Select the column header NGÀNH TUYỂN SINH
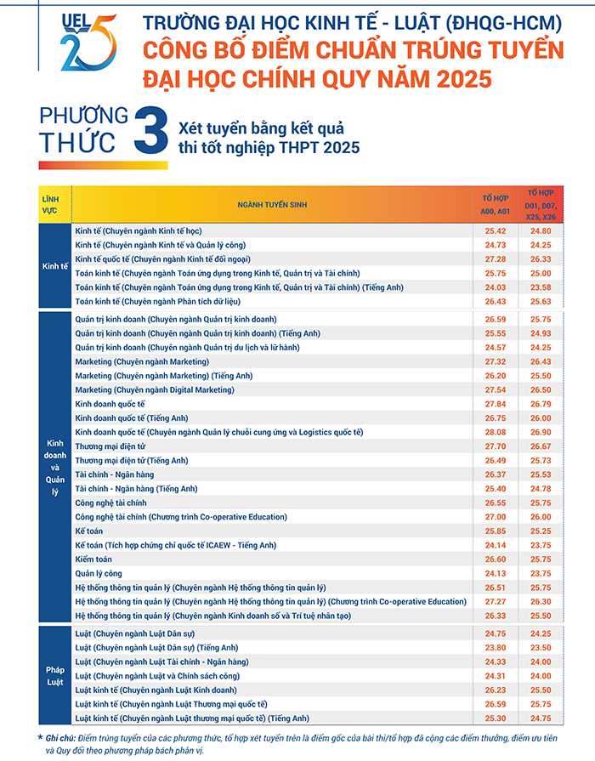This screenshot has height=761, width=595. (x=272, y=204)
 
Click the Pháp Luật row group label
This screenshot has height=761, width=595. (x=54, y=676)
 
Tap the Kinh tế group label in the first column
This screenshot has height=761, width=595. (x=54, y=265)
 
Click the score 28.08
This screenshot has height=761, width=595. (x=495, y=432)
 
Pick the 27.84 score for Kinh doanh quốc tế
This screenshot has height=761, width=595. (x=495, y=404)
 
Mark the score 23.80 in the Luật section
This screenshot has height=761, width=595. (x=495, y=647)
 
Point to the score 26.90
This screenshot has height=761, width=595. (x=541, y=432)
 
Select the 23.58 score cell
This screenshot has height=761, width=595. (x=541, y=287)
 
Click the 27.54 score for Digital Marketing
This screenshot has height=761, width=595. (x=495, y=389)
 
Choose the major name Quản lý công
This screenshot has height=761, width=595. (x=99, y=573)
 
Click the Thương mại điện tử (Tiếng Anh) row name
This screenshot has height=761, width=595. (x=131, y=460)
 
